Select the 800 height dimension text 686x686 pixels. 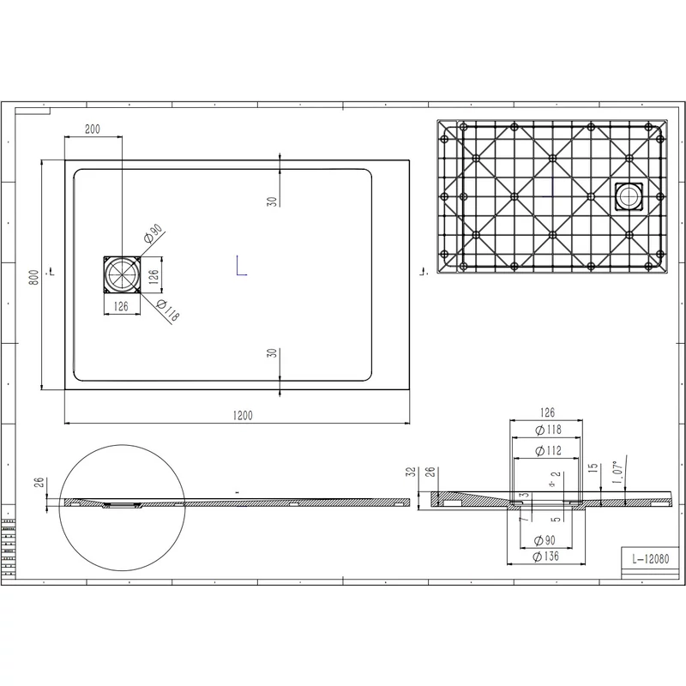33,277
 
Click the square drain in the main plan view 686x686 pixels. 122,274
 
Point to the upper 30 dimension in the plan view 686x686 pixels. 270,202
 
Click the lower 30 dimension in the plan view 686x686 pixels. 270,354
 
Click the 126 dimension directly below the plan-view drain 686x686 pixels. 122,305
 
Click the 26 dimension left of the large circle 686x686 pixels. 39,482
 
